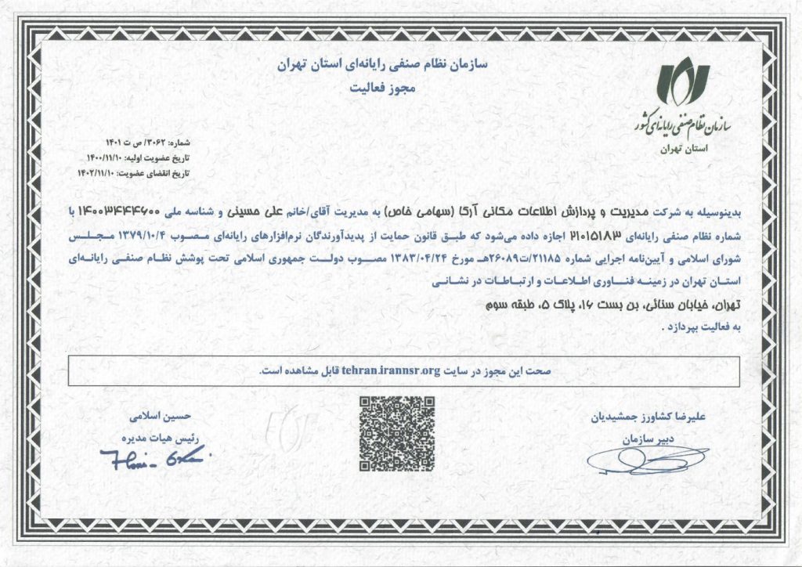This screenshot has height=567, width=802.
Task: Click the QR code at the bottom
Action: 396,433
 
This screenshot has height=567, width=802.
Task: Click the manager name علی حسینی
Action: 248,211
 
